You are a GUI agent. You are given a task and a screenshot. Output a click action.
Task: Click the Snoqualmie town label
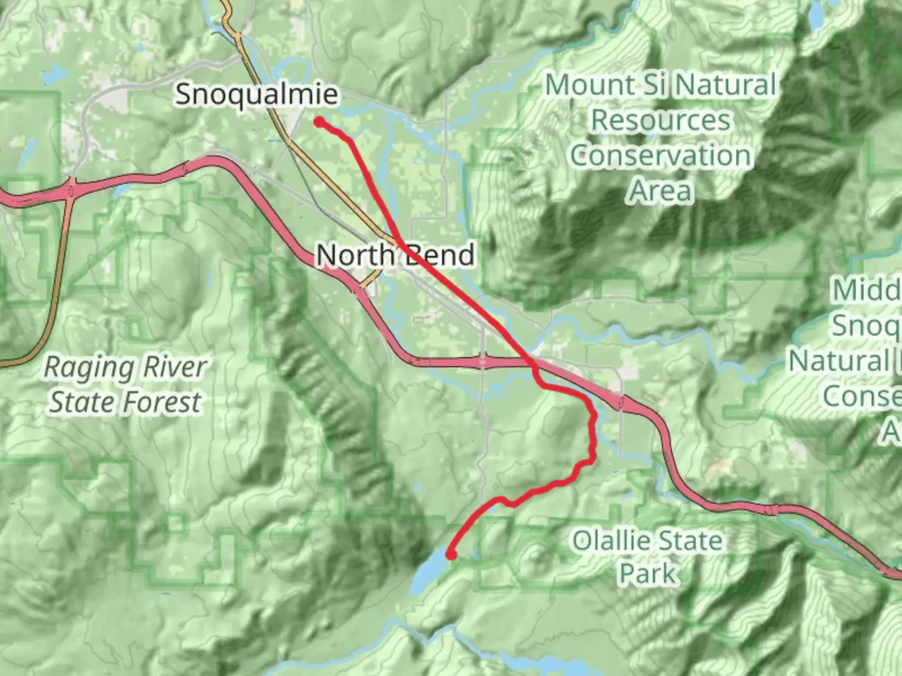[257, 95]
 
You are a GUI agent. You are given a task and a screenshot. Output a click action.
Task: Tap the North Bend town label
[395, 255]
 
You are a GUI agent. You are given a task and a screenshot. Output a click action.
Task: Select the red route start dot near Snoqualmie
[319, 122]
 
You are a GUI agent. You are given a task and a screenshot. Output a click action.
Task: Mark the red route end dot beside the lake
[450, 554]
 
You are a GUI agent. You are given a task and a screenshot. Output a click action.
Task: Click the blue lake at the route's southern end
[429, 573]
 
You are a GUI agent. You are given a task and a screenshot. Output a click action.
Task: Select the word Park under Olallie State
[648, 573]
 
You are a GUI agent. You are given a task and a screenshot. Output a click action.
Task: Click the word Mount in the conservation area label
[584, 85]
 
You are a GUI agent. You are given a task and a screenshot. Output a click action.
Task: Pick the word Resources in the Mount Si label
[660, 120]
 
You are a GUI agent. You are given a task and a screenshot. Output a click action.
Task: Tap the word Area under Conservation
[660, 190]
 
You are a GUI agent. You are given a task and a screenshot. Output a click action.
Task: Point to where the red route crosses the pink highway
[532, 362]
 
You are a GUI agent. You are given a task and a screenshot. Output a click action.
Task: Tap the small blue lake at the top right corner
[817, 16]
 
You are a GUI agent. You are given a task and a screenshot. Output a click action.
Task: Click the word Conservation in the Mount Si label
[660, 155]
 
